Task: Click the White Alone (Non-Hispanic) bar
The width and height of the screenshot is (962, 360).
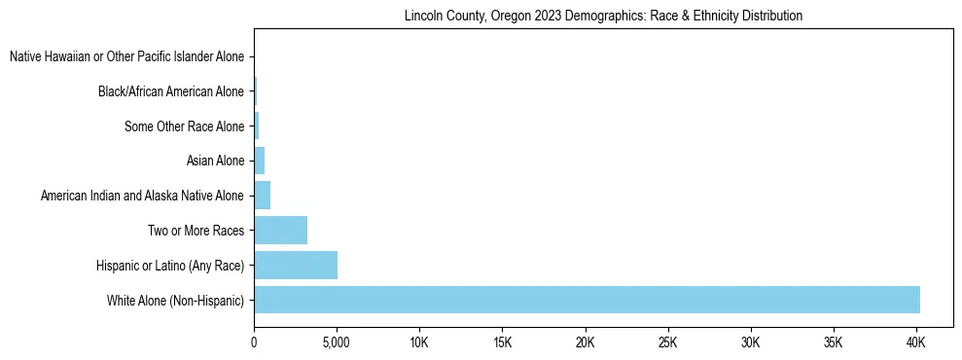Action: [x=587, y=300]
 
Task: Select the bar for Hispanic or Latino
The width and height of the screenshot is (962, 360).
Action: [x=296, y=265]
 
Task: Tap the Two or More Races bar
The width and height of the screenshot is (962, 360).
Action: [x=280, y=231]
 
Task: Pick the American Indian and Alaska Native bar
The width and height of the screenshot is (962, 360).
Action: [x=262, y=196]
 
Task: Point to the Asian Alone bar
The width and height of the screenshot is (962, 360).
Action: [x=259, y=161]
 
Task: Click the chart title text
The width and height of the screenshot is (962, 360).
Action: [x=603, y=16]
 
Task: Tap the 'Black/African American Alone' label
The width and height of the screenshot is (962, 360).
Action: [x=170, y=91]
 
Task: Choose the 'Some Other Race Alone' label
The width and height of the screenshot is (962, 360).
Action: [x=184, y=126]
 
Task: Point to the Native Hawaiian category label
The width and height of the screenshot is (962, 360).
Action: [x=126, y=57]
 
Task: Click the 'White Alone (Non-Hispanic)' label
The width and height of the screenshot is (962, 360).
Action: [x=175, y=301]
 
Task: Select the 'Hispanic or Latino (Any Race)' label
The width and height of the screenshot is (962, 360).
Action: [x=170, y=266]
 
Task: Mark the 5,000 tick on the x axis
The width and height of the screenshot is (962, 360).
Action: [x=337, y=343]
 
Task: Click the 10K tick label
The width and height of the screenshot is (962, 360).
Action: [x=419, y=343]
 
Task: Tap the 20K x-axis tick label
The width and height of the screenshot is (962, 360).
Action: [x=585, y=343]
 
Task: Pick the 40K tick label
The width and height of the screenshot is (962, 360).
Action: [x=915, y=343]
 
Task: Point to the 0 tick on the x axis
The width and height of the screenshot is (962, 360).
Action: [x=254, y=343]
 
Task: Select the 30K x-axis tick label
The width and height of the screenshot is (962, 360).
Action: [x=750, y=343]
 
